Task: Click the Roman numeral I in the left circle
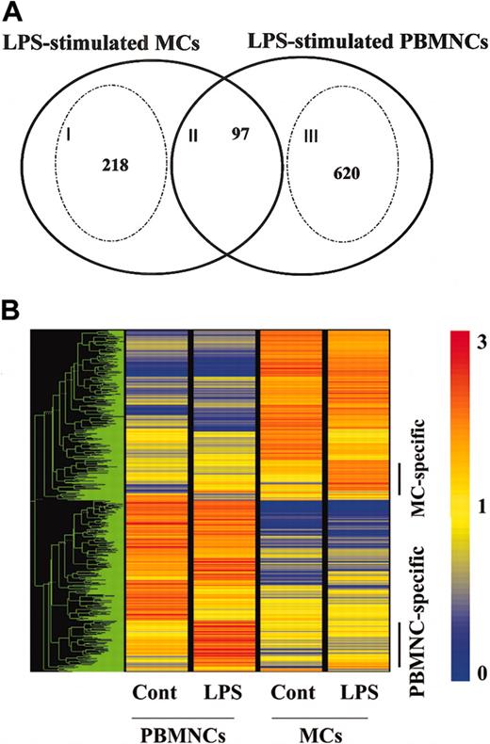coord(70,136)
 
